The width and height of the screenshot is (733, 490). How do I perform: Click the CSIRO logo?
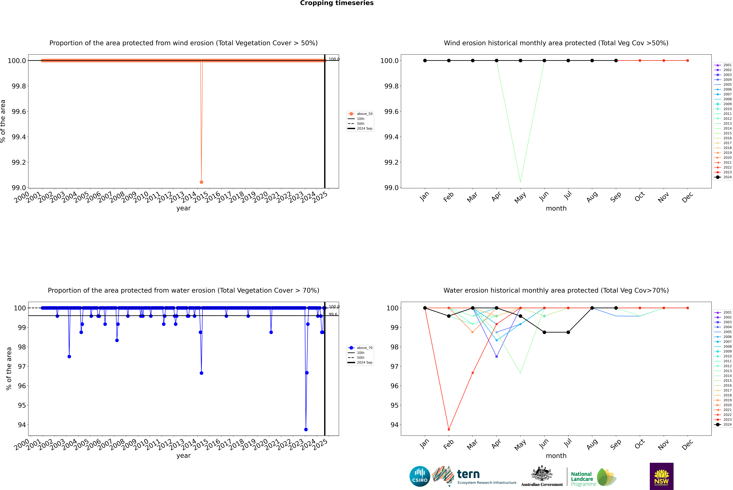click(420, 476)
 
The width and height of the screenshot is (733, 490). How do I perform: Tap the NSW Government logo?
click(661, 476)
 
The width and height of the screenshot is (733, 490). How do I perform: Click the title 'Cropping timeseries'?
click(337, 3)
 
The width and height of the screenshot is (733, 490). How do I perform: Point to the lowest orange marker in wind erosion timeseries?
click(201, 182)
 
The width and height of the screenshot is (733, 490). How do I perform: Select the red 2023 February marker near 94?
click(449, 429)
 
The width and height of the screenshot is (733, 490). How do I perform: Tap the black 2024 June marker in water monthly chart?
click(544, 332)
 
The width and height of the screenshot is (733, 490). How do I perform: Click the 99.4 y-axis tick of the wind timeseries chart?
click(19, 137)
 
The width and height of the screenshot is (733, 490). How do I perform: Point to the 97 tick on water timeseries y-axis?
click(22, 366)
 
